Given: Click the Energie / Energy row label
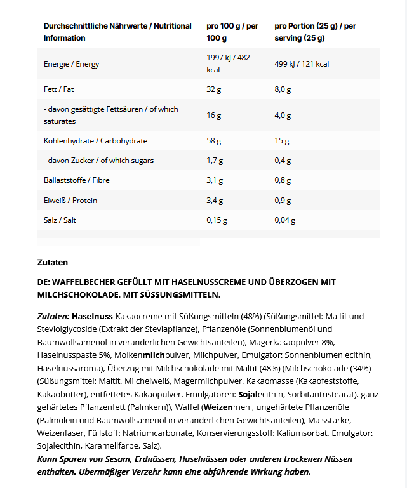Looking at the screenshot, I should click(x=71, y=64).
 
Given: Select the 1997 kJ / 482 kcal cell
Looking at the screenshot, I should click(x=229, y=63).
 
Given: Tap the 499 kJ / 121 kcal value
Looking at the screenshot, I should click(x=302, y=64).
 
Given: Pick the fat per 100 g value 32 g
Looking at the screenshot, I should click(x=214, y=89).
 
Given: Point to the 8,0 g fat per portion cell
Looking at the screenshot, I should click(x=283, y=89).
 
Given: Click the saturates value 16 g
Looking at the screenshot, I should click(x=214, y=115).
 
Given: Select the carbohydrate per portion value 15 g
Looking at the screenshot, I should click(x=282, y=141).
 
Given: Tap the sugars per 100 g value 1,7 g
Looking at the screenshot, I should click(x=217, y=161).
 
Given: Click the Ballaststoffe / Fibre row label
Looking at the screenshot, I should click(x=76, y=180).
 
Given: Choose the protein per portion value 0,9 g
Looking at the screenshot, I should click(x=283, y=201).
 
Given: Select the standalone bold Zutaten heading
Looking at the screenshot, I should click(x=53, y=262).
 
